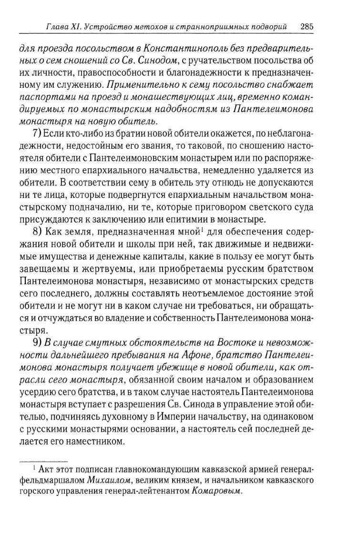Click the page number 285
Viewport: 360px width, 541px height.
click(x=306, y=27)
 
